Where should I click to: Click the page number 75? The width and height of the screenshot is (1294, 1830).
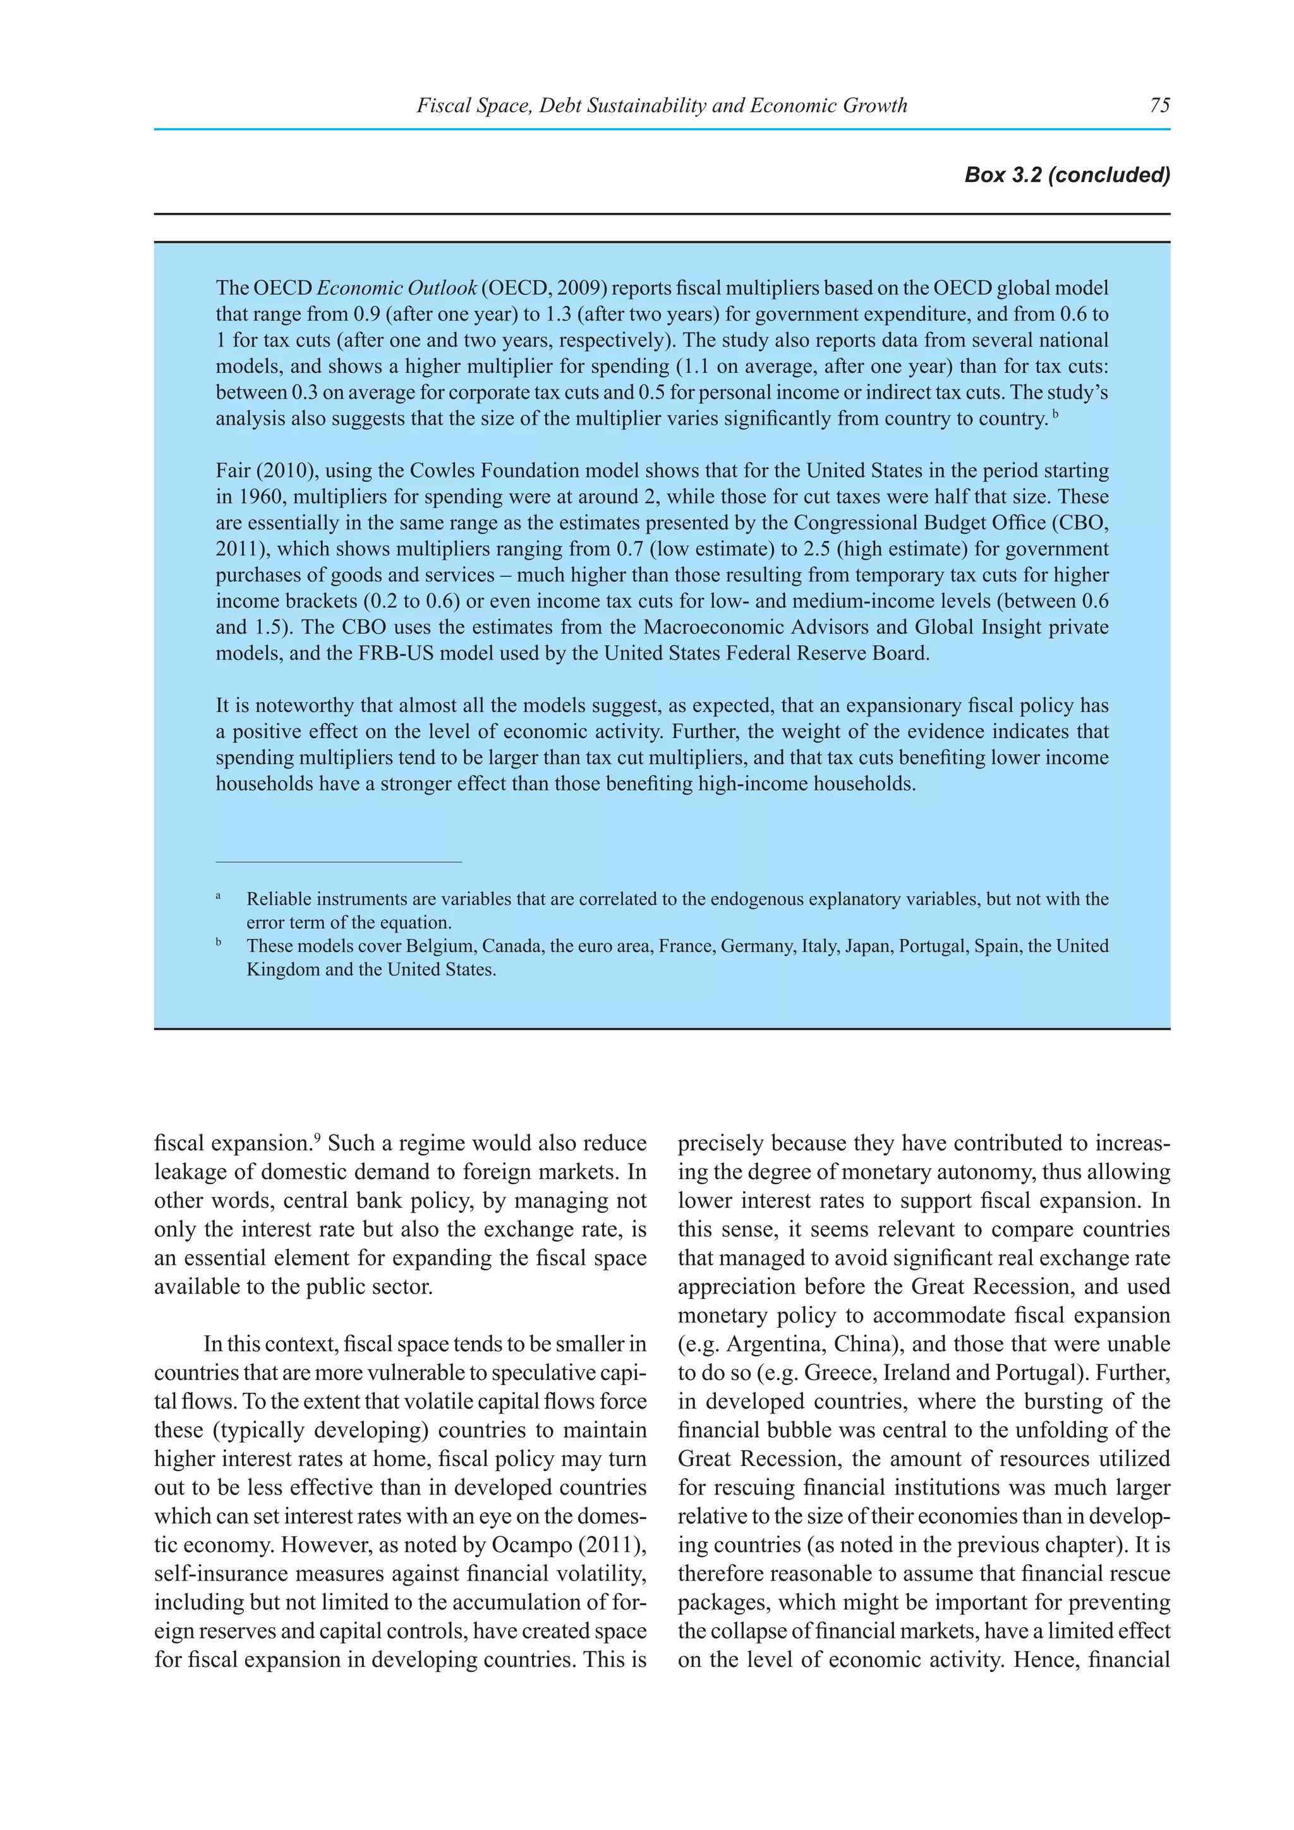coord(1159,105)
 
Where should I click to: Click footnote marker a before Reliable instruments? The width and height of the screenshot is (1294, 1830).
coord(219,897)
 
